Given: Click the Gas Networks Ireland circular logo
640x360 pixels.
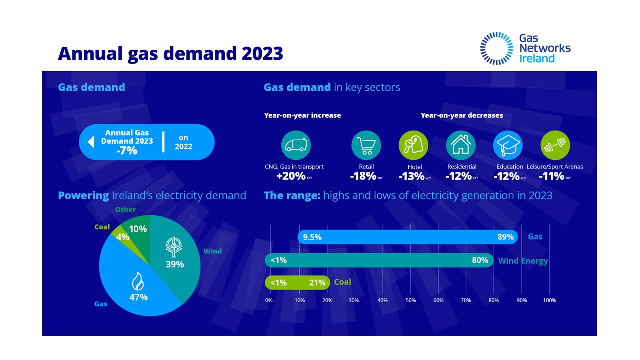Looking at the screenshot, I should pyautogui.click(x=496, y=48).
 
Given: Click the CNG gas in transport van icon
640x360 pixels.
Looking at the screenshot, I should pyautogui.click(x=296, y=145).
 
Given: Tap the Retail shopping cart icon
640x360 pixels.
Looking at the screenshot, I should pyautogui.click(x=366, y=145).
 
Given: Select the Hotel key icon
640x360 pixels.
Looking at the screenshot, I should pyautogui.click(x=413, y=145).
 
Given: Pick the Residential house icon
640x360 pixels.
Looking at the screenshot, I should pyautogui.click(x=461, y=145).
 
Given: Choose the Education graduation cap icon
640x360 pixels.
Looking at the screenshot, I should pyautogui.click(x=508, y=145).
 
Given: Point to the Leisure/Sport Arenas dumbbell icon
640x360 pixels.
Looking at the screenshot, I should pyautogui.click(x=555, y=145).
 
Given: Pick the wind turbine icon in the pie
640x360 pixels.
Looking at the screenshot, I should pyautogui.click(x=175, y=246).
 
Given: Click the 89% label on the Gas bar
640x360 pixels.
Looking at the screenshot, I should pyautogui.click(x=505, y=237).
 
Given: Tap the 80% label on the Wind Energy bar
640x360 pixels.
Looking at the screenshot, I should pyautogui.click(x=480, y=260).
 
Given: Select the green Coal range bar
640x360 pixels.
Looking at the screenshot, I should pyautogui.click(x=297, y=283).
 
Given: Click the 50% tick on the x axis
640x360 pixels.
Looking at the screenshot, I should pyautogui.click(x=410, y=300).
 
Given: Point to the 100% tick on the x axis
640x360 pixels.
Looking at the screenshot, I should pyautogui.click(x=549, y=300).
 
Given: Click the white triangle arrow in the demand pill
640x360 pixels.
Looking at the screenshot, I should pyautogui.click(x=91, y=142).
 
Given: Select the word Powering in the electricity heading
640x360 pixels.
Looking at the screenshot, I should pyautogui.click(x=83, y=195).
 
